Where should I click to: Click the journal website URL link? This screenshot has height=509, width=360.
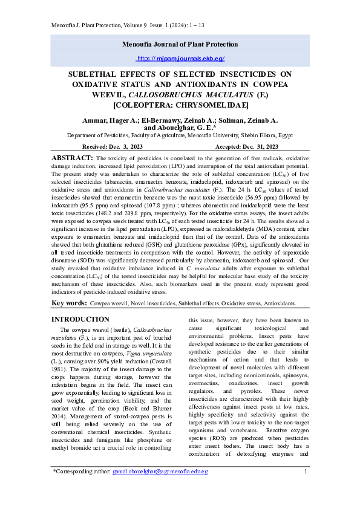(180, 59)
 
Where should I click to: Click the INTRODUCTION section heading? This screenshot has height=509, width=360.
(80, 319)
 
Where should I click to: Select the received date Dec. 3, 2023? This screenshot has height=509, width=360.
(132, 146)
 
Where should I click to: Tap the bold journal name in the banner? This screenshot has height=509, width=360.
(180, 45)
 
